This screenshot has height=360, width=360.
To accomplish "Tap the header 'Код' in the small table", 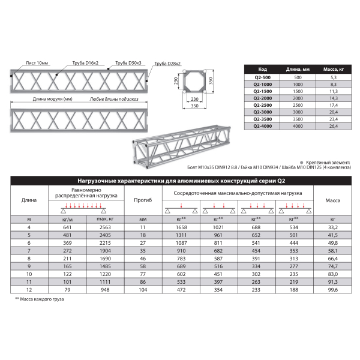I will click(262, 69).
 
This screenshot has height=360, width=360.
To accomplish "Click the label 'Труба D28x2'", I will click(167, 63).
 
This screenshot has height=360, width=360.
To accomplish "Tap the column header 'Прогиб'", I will click(143, 199).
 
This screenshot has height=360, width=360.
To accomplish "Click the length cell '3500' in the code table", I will click(298, 119).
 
